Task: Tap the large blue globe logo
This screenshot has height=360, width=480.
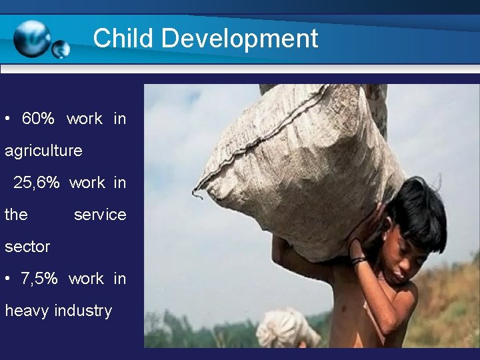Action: (32, 38)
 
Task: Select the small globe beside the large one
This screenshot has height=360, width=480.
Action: (61, 49)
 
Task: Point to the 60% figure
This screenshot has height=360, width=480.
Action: (38, 119)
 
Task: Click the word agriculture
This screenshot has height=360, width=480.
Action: (43, 151)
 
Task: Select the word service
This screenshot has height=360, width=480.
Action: (100, 215)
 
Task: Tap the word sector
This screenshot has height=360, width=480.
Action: (27, 247)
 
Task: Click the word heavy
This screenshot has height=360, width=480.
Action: (27, 311)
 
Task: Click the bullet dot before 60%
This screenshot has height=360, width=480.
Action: (7, 119)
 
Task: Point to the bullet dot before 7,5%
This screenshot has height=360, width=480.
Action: (7, 279)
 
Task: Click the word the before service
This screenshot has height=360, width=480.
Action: (16, 215)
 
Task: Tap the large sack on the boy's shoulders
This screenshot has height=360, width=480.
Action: (300, 160)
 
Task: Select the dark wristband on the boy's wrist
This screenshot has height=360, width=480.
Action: (358, 261)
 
